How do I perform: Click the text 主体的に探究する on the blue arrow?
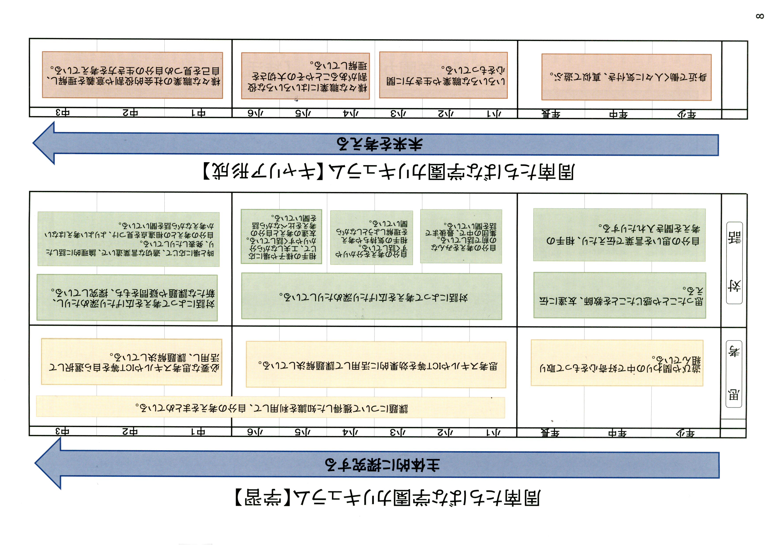coord(382,465)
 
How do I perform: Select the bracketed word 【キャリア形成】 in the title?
coord(263,172)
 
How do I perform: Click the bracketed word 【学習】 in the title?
coord(263,498)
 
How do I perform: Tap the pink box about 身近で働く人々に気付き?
coord(626,77)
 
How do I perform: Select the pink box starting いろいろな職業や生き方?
coord(443,75)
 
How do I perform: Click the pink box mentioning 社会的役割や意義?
coord(132,75)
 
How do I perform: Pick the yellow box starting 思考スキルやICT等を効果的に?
coord(376,365)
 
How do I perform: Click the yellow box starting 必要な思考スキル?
coord(132,362)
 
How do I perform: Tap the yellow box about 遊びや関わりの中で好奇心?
coord(617,363)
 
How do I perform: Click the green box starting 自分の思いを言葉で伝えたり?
coord(619,235)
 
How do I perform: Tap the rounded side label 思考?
coord(734,374)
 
